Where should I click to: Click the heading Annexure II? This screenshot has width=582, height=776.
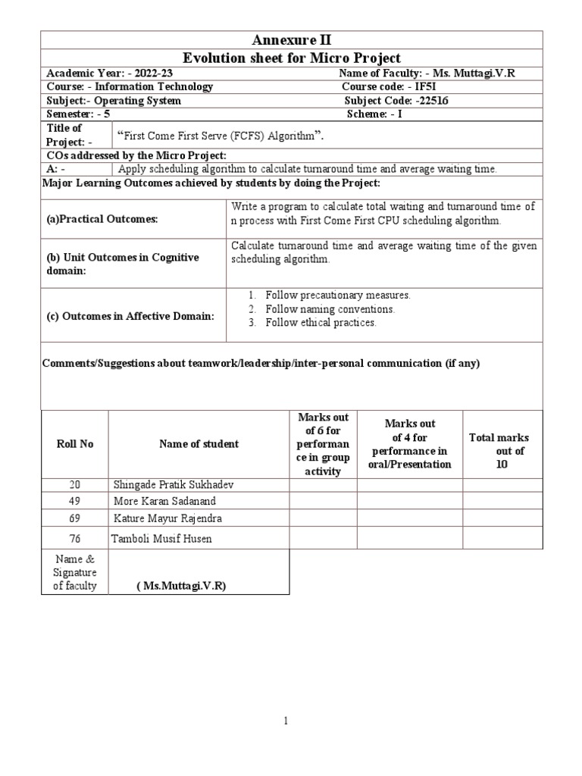(x=291, y=40)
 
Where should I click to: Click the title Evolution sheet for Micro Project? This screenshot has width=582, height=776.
(x=291, y=58)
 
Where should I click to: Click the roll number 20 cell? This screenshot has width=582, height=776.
(x=74, y=484)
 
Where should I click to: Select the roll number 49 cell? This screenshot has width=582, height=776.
(x=74, y=501)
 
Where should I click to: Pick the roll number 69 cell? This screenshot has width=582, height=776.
(x=74, y=518)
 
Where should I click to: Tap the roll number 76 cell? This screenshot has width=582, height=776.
(x=74, y=538)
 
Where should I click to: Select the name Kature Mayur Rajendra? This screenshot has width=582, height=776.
(x=168, y=518)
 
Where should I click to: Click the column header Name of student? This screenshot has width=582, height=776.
(x=199, y=444)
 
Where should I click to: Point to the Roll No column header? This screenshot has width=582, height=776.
(x=75, y=444)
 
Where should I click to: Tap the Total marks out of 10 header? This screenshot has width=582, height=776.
(x=499, y=451)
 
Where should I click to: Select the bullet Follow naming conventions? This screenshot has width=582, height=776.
(x=330, y=309)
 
